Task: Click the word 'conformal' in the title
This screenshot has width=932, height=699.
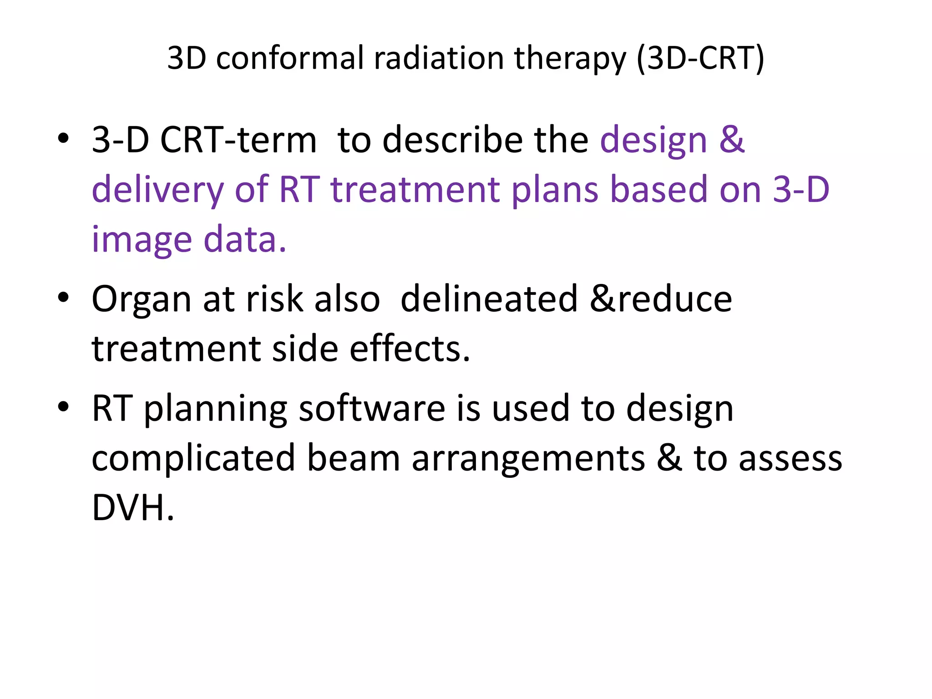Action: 289,58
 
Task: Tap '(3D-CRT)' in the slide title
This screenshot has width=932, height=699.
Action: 700,58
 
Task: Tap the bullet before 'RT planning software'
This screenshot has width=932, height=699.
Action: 63,406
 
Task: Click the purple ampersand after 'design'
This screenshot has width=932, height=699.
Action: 731,139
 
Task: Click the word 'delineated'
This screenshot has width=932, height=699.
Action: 489,299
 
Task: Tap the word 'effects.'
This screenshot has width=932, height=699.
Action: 410,349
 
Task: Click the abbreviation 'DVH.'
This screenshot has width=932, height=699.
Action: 133,507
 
